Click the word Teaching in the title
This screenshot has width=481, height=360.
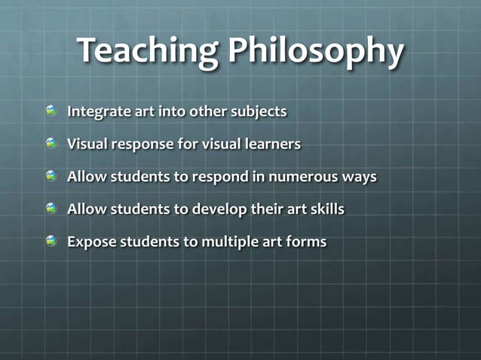[147, 51]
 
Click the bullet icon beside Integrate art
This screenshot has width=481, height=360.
[51, 111]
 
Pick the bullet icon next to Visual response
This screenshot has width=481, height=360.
[51, 143]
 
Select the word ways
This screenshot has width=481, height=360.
[359, 178]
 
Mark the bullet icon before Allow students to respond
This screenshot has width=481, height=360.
[51, 176]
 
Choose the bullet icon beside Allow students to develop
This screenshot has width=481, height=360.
[51, 209]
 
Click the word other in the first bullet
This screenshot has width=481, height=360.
[198, 111]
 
